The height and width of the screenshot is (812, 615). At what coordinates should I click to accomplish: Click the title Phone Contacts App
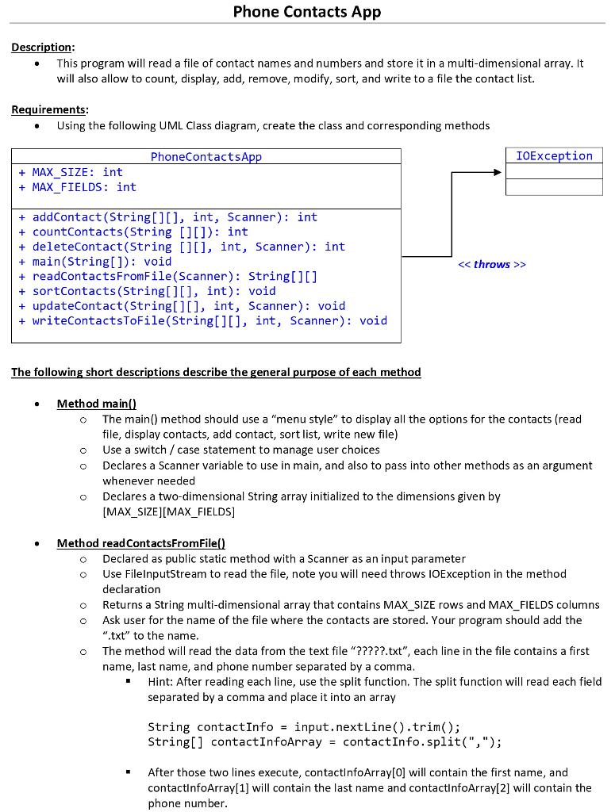coord(307,12)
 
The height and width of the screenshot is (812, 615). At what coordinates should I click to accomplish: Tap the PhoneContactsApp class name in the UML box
coord(206,157)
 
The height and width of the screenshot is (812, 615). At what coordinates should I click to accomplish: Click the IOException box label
coord(554,156)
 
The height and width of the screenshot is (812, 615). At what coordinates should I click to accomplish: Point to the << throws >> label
coord(492,264)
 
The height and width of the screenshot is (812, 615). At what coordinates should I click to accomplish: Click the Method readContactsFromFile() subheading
coord(141,543)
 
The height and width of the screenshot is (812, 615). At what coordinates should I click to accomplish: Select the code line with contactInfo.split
coord(325,742)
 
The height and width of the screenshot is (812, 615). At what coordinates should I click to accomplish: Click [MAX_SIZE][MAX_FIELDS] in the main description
coord(168,511)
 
